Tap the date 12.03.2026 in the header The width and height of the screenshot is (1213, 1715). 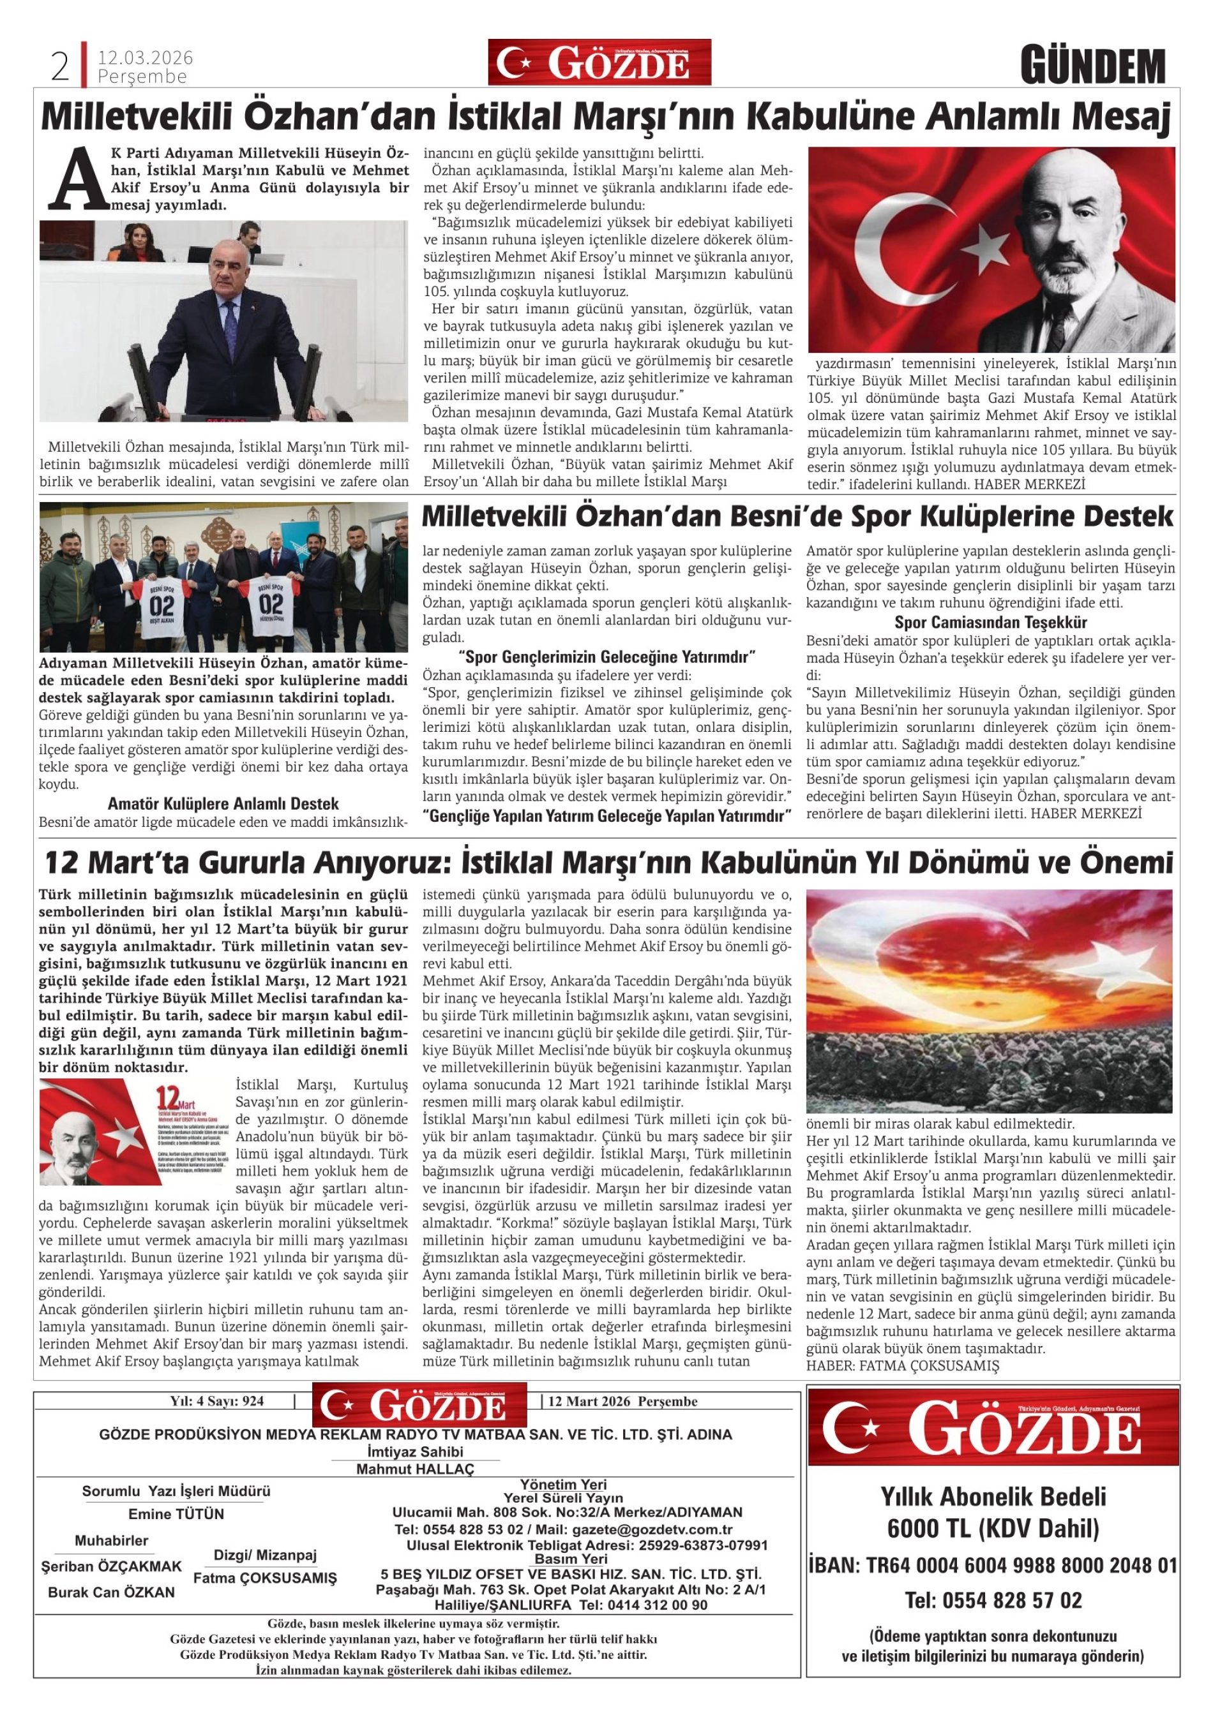145,57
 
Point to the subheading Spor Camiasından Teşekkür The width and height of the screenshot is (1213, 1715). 990,623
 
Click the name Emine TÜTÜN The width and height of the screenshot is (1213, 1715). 176,1515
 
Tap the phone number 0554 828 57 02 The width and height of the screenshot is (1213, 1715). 993,1601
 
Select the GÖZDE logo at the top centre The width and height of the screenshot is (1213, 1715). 599,63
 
